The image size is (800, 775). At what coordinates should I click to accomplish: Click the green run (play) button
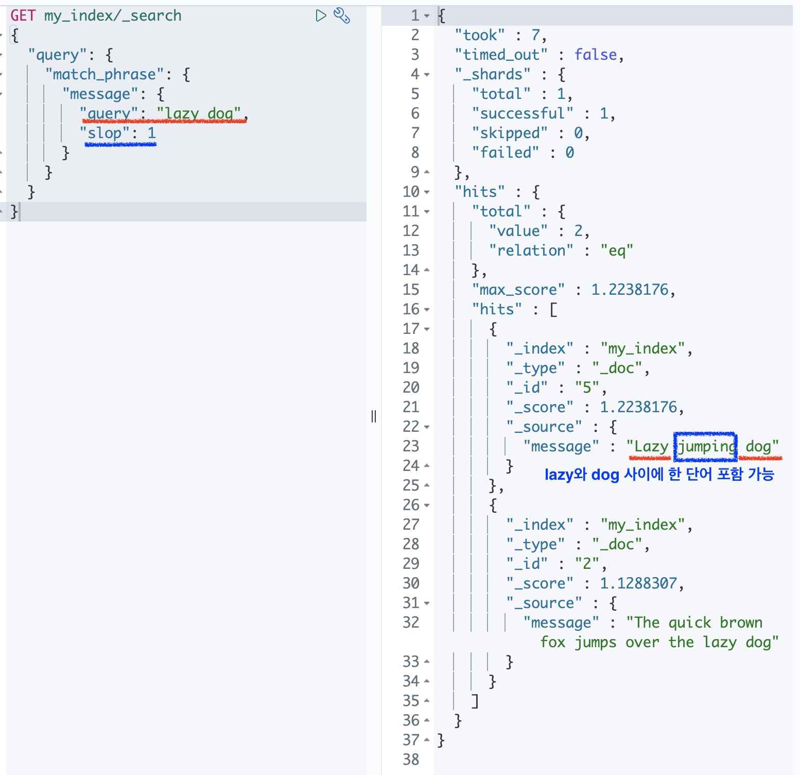(321, 15)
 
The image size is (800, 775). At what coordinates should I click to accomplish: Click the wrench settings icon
(342, 15)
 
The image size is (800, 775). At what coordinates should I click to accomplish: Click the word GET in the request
(23, 15)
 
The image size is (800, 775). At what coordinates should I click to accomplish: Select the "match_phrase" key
(105, 74)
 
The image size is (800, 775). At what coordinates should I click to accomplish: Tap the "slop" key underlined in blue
(105, 133)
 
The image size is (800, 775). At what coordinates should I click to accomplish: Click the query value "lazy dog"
(199, 113)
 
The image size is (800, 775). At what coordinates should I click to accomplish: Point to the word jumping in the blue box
(706, 446)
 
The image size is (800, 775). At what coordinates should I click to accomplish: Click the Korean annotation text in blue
(659, 474)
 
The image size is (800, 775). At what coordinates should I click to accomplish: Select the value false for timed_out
(596, 55)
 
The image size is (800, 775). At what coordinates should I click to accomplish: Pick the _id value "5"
(587, 387)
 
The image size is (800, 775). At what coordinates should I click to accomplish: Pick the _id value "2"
(587, 564)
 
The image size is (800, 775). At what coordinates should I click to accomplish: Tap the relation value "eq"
(617, 250)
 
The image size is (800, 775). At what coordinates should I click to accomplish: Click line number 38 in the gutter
(411, 760)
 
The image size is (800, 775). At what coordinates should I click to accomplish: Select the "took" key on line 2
(480, 35)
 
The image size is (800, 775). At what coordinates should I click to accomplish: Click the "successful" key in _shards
(523, 113)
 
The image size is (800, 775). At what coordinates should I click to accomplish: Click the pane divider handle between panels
(374, 416)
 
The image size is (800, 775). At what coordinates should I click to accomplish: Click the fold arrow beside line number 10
(427, 192)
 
